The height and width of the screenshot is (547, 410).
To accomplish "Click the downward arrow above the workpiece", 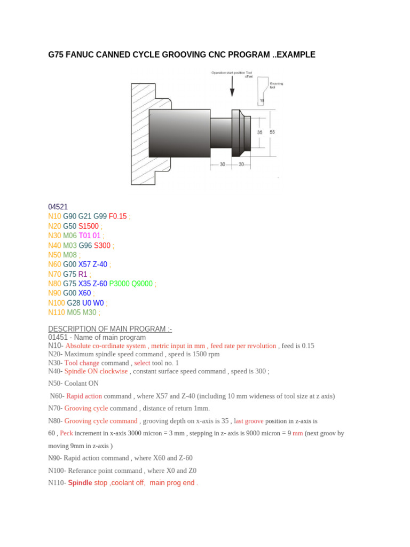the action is tap(232, 86).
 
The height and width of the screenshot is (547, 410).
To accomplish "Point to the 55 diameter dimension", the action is tap(272, 132).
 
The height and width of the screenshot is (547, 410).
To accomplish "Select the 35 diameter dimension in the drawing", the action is tap(260, 132).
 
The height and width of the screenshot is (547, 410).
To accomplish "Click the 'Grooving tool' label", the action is tap(276, 85).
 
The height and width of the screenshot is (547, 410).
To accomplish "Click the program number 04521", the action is tap(58, 207).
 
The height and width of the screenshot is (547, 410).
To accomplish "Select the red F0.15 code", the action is tap(118, 216).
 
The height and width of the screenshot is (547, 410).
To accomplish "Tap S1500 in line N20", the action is tap(88, 226).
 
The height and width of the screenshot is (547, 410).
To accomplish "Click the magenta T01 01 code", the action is tap(90, 236).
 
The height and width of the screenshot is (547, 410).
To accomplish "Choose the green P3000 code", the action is tap(119, 284).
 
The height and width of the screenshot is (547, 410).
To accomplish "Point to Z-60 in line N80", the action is tap(99, 284).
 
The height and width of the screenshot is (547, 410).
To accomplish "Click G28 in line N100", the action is tap(73, 303).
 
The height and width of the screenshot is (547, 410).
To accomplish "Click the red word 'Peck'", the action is tap(66, 433).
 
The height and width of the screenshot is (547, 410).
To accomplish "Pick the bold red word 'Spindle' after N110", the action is tap(80, 482).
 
